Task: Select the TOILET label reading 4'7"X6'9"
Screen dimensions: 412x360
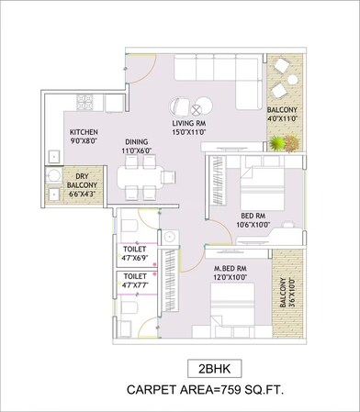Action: click(135, 253)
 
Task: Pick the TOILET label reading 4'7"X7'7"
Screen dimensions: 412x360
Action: click(135, 280)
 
